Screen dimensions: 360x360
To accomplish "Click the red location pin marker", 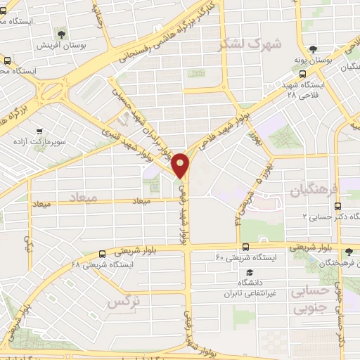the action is coord(181,165).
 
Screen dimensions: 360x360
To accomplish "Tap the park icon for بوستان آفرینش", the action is coord(61,33).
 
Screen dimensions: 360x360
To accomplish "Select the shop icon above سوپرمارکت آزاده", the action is coord(39,130).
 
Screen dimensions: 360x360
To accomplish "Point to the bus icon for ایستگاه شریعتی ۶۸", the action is coord(103,252).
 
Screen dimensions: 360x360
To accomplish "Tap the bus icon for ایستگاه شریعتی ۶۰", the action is coord(245,247).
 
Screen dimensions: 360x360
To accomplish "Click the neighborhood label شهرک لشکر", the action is coord(252,44).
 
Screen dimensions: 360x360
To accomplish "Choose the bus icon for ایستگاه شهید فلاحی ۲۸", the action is coord(302,73).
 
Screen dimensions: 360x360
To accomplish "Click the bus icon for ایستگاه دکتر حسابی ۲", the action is coord(338,206).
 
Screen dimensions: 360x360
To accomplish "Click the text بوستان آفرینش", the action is coord(61,45).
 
